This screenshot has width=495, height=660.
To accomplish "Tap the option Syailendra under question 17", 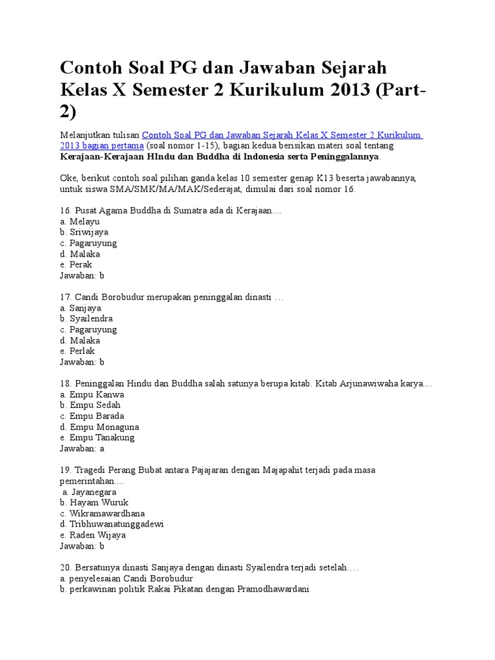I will click(x=91, y=318).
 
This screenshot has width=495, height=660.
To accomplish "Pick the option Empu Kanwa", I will click(x=97, y=394).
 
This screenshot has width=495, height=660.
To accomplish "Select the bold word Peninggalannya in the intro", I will click(x=345, y=157).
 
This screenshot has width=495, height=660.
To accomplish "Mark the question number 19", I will click(x=64, y=470).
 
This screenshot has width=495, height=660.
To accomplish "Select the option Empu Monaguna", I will click(x=104, y=427).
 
